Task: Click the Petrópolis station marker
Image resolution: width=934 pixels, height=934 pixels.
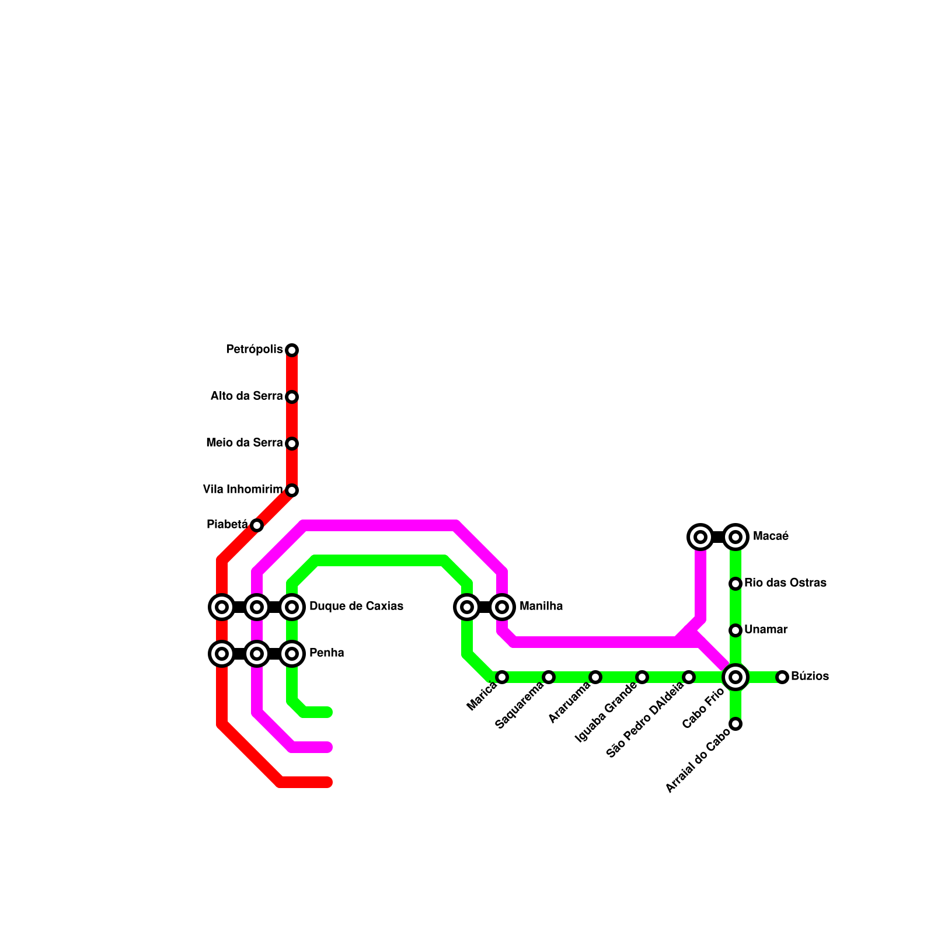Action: coord(292,350)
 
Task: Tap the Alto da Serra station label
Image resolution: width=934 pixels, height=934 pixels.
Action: coord(246,396)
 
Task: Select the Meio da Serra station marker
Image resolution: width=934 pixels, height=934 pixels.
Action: coord(292,444)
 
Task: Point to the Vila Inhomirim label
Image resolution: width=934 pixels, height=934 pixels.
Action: coord(242,489)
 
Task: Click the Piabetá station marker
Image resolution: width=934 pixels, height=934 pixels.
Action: coord(257,525)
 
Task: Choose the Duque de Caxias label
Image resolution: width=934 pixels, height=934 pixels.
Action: coord(356,606)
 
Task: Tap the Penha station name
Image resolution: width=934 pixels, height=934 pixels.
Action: coord(326,653)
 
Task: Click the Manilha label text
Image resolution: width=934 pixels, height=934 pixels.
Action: coord(541,606)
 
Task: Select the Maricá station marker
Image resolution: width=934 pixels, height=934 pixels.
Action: coord(502,677)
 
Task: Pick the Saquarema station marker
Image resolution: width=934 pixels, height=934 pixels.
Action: coord(549,677)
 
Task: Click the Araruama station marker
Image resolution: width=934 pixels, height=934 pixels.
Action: coord(595,677)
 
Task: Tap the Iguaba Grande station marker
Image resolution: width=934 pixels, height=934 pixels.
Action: coord(642,677)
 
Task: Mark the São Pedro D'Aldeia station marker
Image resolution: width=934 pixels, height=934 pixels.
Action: coord(689,677)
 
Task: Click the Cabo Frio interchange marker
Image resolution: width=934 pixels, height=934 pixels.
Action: coord(736,677)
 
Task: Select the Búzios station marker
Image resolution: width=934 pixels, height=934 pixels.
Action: coord(782,677)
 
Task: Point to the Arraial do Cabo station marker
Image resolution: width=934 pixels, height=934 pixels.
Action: coord(736,724)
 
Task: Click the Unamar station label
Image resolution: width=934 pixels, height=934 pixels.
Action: coord(766,629)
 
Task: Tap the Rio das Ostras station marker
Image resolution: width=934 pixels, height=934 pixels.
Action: coord(736,584)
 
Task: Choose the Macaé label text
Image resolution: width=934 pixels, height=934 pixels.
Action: coord(771,536)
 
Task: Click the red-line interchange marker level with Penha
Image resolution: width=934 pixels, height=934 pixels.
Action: coord(222,654)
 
